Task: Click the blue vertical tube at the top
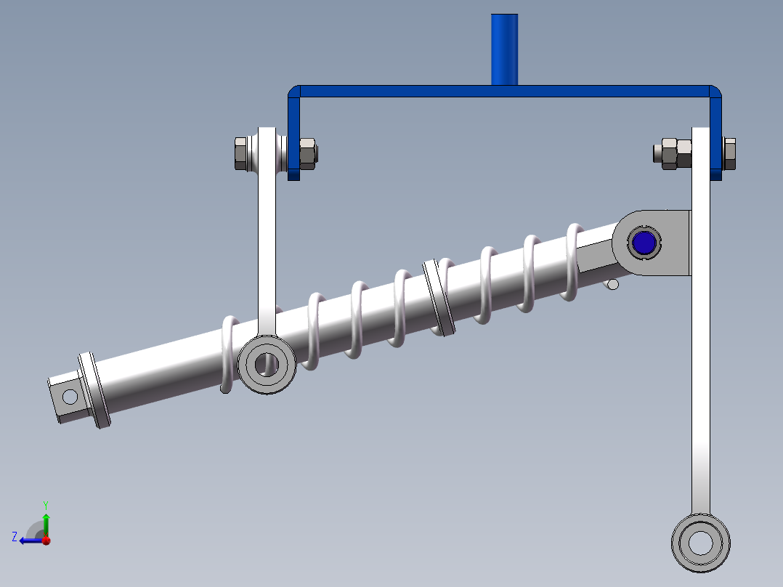[x=505, y=49]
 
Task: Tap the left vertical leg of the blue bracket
[x=293, y=138]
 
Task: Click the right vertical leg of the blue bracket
[x=716, y=138]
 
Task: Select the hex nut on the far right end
[x=729, y=153]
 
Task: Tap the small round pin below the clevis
[x=612, y=284]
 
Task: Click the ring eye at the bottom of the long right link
[x=700, y=542]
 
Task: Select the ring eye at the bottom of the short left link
[x=267, y=364]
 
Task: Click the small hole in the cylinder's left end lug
[x=70, y=396]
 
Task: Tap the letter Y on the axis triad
[x=45, y=504]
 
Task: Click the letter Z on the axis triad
[x=15, y=537]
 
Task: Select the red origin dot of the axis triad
[x=46, y=541]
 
